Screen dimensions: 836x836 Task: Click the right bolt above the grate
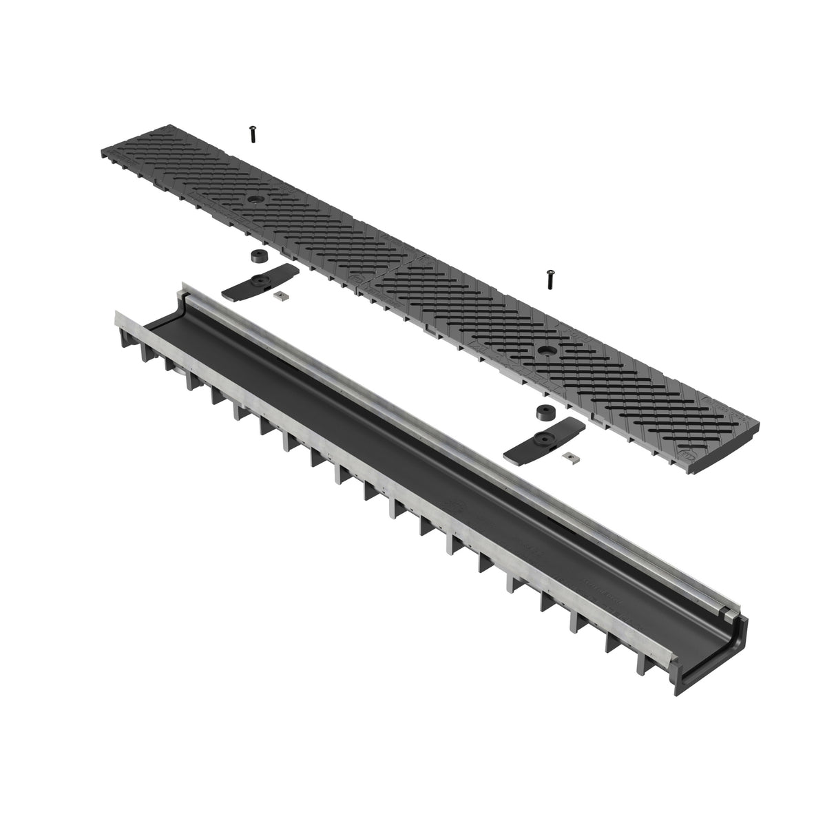(550, 279)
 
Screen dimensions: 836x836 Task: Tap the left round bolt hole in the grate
(256, 198)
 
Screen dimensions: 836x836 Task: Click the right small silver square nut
(569, 456)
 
